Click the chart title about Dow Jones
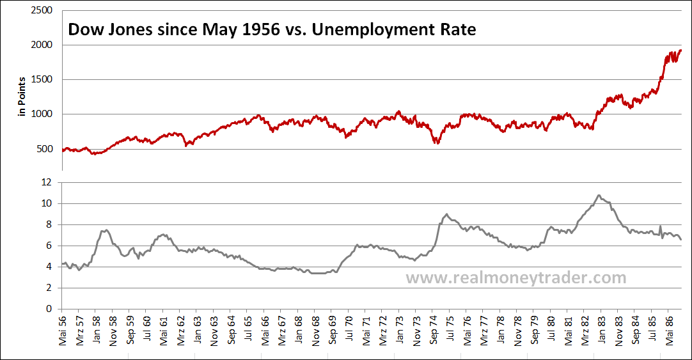click(x=272, y=30)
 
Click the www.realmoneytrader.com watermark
click(x=515, y=278)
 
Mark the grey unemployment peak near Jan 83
click(x=599, y=195)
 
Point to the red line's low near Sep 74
click(x=437, y=143)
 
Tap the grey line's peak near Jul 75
click(x=446, y=214)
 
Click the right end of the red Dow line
click(x=681, y=51)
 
